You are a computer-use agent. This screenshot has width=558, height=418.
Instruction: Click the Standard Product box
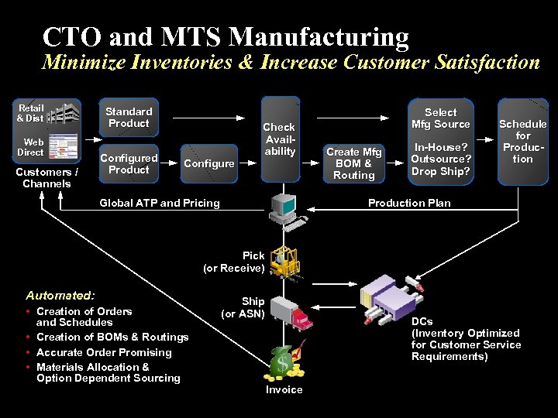tap(129, 118)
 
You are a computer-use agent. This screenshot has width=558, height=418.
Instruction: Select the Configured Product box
tap(129, 164)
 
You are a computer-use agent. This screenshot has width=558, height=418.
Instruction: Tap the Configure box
tap(209, 164)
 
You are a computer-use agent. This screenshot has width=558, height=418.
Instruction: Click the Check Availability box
tap(280, 139)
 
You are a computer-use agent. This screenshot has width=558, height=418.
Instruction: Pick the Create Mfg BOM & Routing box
tap(354, 163)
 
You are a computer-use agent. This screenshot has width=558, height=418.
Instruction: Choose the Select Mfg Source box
tap(441, 118)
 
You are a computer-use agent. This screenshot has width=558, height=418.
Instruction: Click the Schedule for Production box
tap(523, 141)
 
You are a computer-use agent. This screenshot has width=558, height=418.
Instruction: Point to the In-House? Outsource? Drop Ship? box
tap(441, 159)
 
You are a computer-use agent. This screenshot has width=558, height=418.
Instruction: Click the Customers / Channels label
tap(47, 177)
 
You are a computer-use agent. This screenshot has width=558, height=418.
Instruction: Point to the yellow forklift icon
tap(284, 262)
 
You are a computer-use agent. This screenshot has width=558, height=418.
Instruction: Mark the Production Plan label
tap(409, 203)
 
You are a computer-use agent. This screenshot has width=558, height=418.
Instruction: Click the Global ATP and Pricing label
tap(160, 203)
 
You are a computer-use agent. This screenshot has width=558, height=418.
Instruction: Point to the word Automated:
tap(60, 295)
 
